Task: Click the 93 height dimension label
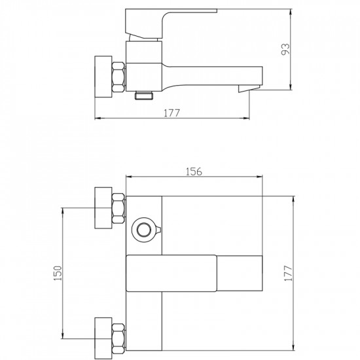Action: point(285,49)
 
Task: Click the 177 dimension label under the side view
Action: point(172,113)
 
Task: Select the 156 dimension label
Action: point(194,171)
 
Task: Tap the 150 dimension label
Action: point(58,273)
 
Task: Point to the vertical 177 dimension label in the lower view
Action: point(288,273)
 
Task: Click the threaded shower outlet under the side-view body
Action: point(144,95)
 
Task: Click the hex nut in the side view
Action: point(118,77)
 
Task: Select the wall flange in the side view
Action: point(103,77)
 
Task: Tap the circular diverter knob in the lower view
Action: point(144,230)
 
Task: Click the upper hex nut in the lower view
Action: point(118,208)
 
